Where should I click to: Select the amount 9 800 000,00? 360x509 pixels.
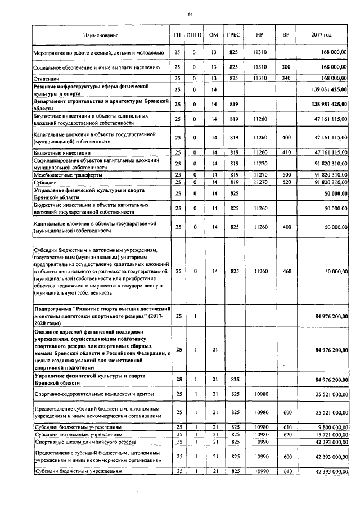[325, 427]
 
